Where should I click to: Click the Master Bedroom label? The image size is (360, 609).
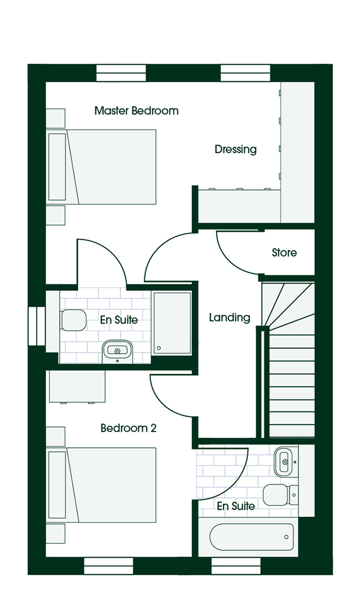pyautogui.click(x=137, y=111)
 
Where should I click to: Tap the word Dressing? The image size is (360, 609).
pyautogui.click(x=236, y=149)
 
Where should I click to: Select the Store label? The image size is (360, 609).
pyautogui.click(x=284, y=253)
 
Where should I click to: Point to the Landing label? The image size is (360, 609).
pyautogui.click(x=230, y=318)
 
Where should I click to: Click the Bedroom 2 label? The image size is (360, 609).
pyautogui.click(x=128, y=428)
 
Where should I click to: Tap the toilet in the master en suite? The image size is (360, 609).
pyautogui.click(x=73, y=320)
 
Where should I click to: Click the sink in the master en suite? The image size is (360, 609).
pyautogui.click(x=117, y=351)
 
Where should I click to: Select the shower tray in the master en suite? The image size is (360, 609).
pyautogui.click(x=172, y=323)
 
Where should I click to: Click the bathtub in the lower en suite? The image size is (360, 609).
pyautogui.click(x=252, y=537)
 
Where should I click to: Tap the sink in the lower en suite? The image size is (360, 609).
pyautogui.click(x=286, y=462)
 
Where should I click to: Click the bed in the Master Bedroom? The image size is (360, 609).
pyautogui.click(x=102, y=167)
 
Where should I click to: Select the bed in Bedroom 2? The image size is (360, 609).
pyautogui.click(x=102, y=485)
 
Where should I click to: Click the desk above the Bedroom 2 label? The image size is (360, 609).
pyautogui.click(x=77, y=387)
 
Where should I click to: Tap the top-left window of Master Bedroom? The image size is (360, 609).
pyautogui.click(x=121, y=73)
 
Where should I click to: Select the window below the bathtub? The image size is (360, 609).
pyautogui.click(x=236, y=566)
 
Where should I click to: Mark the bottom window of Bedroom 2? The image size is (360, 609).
pyautogui.click(x=109, y=566)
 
